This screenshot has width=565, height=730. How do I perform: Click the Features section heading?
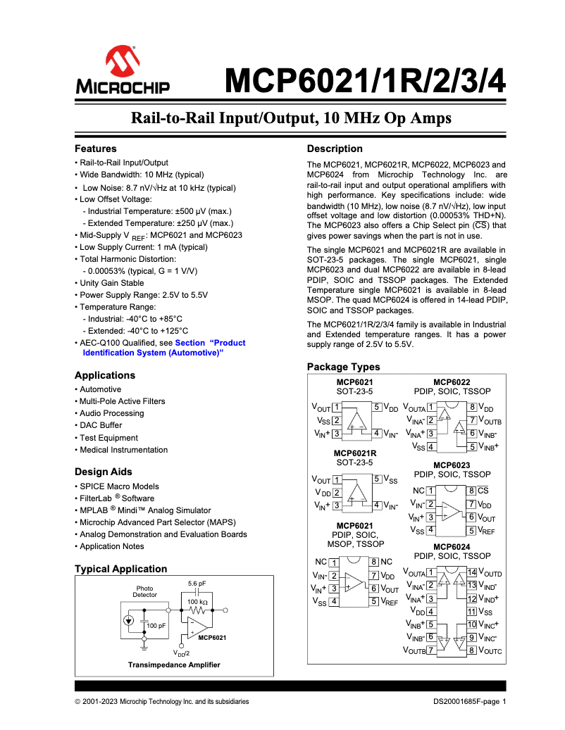[96, 149]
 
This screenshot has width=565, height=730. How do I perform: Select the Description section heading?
[335, 149]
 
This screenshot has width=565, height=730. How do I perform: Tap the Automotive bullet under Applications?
[100, 389]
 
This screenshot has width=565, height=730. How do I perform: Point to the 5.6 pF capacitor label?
[197, 584]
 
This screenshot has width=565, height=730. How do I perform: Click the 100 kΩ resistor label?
[197, 602]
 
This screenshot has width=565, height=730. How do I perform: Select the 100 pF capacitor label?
[156, 625]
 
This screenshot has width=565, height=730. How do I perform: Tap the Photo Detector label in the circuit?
[145, 591]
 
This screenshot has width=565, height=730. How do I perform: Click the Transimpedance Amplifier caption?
[173, 665]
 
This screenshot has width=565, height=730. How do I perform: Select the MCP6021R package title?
[354, 453]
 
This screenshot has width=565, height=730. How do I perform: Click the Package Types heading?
[343, 367]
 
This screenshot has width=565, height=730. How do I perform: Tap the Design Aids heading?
[104, 472]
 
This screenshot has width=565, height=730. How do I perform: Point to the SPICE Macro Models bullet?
[119, 486]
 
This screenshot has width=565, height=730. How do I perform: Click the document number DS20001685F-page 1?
[469, 701]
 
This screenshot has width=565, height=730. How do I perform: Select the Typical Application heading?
[120, 569]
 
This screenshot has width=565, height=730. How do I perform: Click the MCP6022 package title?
[452, 382]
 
